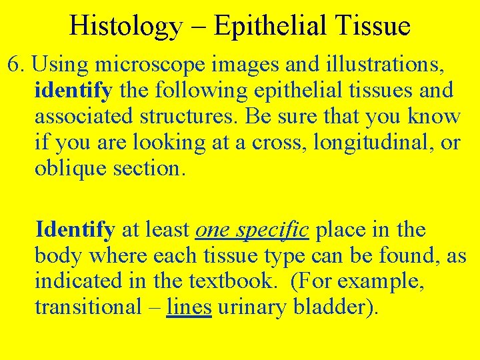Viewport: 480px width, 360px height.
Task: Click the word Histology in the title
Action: pos(125,26)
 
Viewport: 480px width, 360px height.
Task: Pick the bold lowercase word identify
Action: pos(73,90)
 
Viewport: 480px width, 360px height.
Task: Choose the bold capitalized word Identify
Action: pos(75,230)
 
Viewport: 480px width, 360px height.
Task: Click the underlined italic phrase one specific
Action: pos(252,230)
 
